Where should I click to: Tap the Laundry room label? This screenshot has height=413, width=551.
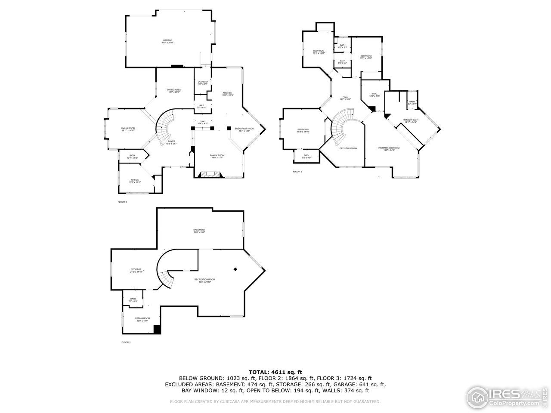point(203,82)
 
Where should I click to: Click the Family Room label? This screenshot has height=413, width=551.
point(217,156)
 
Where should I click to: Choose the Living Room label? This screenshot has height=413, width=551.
point(128,129)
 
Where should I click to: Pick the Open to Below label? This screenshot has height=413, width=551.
point(348,148)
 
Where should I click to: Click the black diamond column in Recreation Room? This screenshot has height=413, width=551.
point(235,269)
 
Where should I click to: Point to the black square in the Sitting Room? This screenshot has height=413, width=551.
point(158,330)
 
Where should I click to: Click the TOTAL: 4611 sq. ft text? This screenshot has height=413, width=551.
point(275,372)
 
